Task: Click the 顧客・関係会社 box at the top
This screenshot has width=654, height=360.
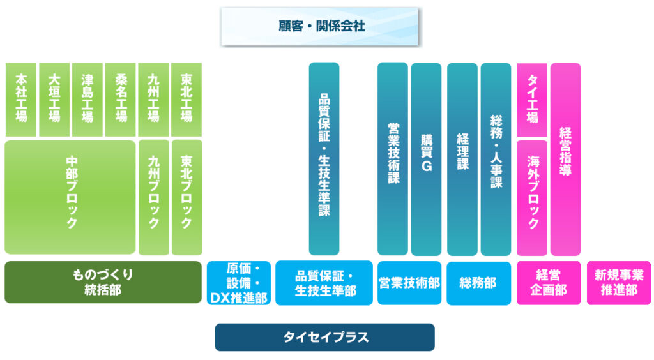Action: click(x=320, y=27)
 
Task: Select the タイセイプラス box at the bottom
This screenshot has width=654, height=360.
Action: click(x=324, y=337)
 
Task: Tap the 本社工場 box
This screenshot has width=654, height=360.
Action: click(x=21, y=99)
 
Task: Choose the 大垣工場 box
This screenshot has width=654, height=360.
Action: click(x=54, y=99)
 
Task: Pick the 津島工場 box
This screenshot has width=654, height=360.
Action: click(x=87, y=99)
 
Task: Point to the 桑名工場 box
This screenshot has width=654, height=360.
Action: click(x=121, y=99)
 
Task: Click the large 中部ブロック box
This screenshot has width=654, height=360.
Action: click(x=70, y=197)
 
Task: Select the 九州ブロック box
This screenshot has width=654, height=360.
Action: click(x=154, y=197)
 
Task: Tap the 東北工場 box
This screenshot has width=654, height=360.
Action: click(x=186, y=99)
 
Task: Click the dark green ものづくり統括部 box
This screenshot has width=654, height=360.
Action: click(x=103, y=282)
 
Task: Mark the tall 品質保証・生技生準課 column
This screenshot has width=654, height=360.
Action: click(x=324, y=158)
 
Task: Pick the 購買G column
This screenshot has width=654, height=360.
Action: click(x=426, y=158)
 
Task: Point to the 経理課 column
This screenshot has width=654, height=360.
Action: click(x=462, y=158)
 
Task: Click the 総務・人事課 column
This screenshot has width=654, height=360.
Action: click(x=496, y=158)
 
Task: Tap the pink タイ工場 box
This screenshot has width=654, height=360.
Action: click(x=532, y=99)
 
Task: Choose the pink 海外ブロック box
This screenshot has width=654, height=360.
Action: click(x=532, y=197)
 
